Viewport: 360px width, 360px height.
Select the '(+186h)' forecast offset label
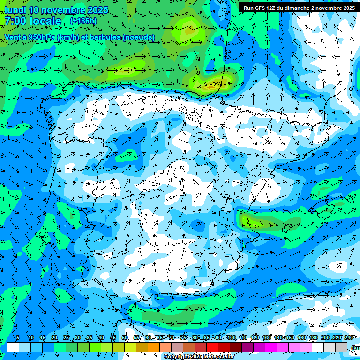coord(83,21)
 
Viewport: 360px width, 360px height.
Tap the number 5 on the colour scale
coord(18,337)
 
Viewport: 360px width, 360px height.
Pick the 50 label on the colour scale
coord(125,337)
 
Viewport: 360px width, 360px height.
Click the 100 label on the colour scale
coord(231,337)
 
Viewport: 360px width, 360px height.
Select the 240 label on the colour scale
coord(349,337)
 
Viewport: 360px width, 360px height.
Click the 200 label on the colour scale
coord(325,337)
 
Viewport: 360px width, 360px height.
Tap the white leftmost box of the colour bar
coord(13,347)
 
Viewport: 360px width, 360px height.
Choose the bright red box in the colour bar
coord(212,347)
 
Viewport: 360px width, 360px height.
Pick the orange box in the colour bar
coord(154,347)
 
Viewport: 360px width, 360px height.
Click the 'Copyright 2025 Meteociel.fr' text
coord(199,357)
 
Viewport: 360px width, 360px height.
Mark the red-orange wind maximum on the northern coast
coord(210,86)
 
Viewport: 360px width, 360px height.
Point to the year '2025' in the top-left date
coord(98,10)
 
